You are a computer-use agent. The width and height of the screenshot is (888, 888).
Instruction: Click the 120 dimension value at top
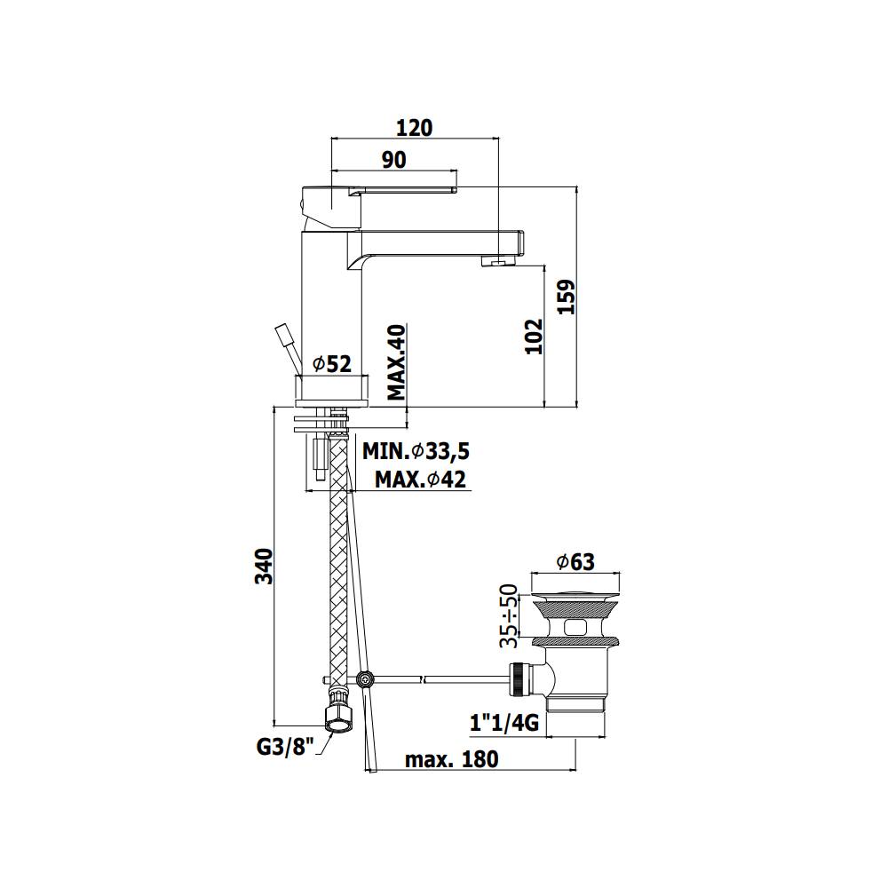coord(414,128)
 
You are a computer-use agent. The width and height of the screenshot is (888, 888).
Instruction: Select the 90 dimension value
coord(394,160)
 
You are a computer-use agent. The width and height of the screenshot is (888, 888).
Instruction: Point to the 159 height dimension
coord(566,297)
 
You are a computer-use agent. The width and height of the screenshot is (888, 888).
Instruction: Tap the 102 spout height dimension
coord(534,337)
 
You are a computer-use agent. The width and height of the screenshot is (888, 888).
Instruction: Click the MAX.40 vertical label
coord(398,362)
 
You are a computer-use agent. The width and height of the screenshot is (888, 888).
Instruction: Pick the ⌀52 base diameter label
coord(332,364)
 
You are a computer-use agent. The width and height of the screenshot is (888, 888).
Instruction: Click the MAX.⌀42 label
coord(420,480)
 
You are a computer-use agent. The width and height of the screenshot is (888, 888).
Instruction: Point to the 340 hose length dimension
coord(264,566)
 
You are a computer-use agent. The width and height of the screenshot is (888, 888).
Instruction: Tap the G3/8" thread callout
coord(285,747)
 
